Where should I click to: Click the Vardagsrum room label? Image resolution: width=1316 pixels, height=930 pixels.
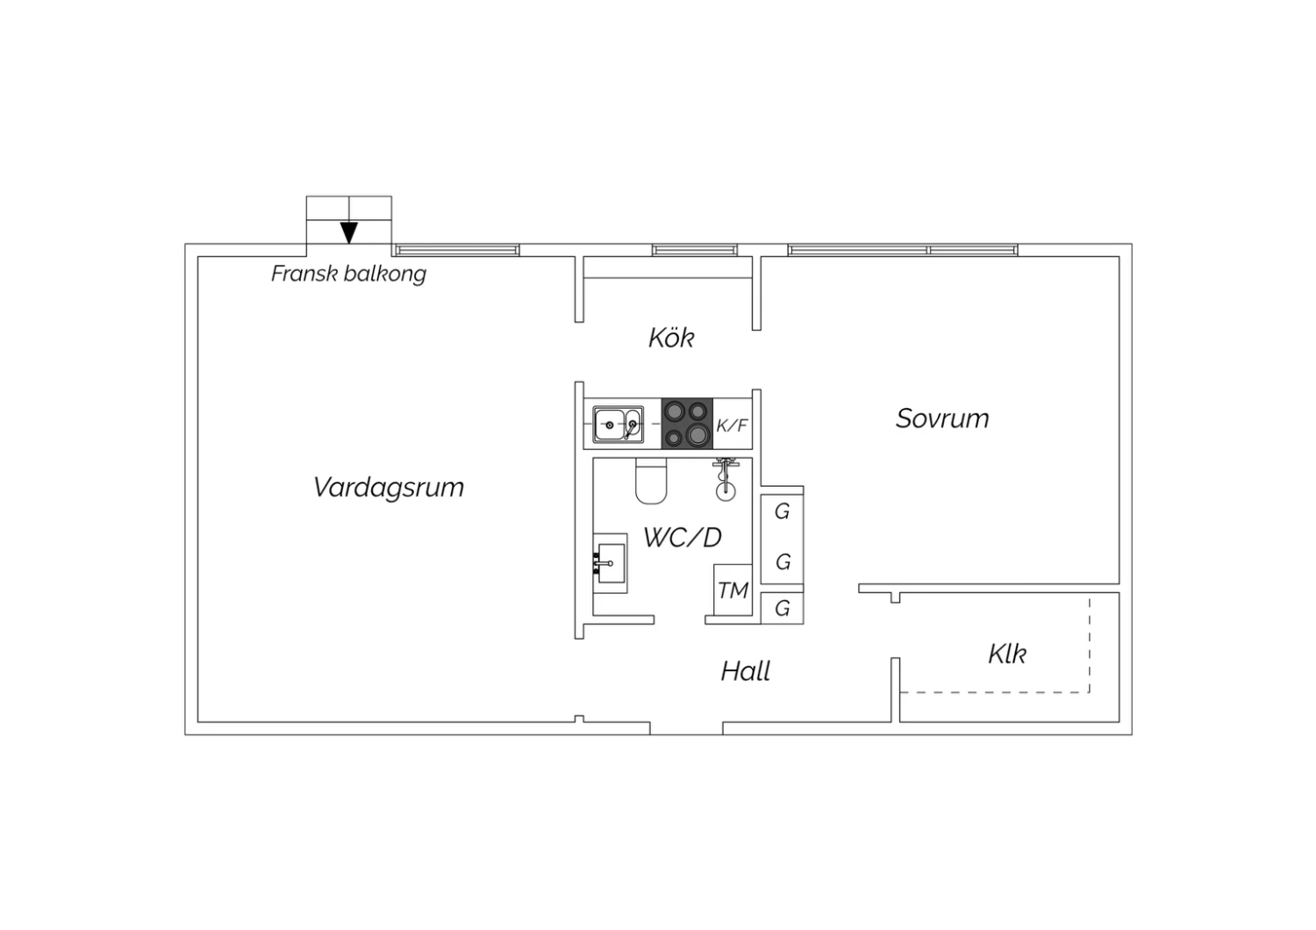pos(389,488)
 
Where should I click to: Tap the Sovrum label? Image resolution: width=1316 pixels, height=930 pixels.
pos(942,418)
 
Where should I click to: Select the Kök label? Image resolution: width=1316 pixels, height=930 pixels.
pos(671,338)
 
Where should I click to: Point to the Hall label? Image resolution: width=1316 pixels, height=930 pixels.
pos(746,671)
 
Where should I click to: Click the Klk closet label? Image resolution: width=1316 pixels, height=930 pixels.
pos(1007,654)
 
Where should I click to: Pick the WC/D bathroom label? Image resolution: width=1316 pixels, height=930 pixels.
pos(682,538)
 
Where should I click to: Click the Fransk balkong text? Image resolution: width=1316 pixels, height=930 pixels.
pos(348,275)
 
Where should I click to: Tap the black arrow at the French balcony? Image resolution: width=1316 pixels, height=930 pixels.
pos(349,232)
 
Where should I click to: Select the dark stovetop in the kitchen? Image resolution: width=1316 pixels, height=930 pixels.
pos(687,424)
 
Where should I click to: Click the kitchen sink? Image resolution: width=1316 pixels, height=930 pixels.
pos(618,424)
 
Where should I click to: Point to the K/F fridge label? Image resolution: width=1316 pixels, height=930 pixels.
pos(732,426)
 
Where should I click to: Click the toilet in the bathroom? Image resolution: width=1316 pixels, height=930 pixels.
pos(651,481)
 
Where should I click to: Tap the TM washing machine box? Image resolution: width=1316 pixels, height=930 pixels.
pos(733,590)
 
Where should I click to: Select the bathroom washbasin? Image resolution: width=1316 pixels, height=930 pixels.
pos(610,563)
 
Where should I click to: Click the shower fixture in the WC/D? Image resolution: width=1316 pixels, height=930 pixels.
pos(726,480)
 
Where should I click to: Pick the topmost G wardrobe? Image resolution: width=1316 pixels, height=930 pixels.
pos(782,511)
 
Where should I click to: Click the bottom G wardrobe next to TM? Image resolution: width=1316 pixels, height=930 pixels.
pos(782,608)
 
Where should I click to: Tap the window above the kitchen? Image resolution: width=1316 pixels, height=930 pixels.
pos(695,250)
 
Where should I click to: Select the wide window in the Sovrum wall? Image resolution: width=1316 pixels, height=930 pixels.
pos(903,250)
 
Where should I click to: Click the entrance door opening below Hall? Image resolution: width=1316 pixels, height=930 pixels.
pos(686,728)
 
